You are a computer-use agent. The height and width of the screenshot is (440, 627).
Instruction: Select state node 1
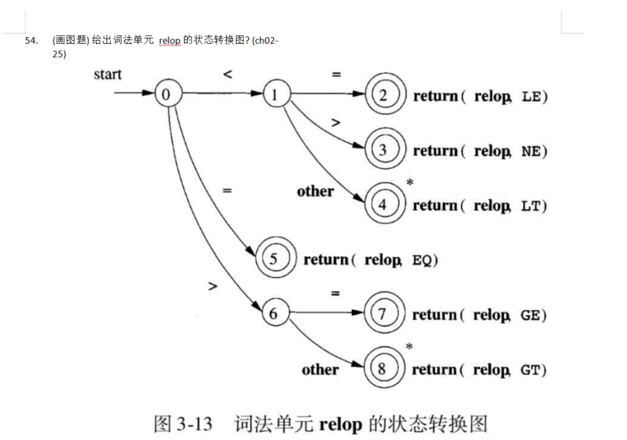pos(275,94)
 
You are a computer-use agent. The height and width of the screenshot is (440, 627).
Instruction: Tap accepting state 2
pos(383,95)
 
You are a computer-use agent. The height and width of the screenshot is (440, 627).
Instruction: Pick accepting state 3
pos(383,149)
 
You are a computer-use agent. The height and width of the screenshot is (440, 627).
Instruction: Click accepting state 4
pos(383,204)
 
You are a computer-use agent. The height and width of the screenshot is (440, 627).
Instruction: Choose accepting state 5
pos(274,259)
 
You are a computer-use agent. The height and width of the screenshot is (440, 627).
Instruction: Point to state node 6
pos(274,314)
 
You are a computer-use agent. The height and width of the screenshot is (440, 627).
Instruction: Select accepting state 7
pos(383,314)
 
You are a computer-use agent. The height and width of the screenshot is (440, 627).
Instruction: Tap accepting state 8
pos(383,369)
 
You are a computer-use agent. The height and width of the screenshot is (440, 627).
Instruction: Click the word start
pos(108,74)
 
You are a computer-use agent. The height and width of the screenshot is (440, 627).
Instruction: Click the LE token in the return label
pos(531,96)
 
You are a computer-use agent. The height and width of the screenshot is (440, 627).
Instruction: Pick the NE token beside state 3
pos(531,151)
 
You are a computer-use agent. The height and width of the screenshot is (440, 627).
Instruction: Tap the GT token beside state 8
pos(529,369)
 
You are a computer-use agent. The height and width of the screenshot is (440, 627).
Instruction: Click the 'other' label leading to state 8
pos(320,369)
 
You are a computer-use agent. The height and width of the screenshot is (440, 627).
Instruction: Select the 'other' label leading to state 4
pos(315,192)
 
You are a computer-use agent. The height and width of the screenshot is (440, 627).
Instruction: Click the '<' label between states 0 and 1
pos(227,74)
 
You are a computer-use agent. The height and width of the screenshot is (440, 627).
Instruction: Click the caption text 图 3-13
pos(182,424)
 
